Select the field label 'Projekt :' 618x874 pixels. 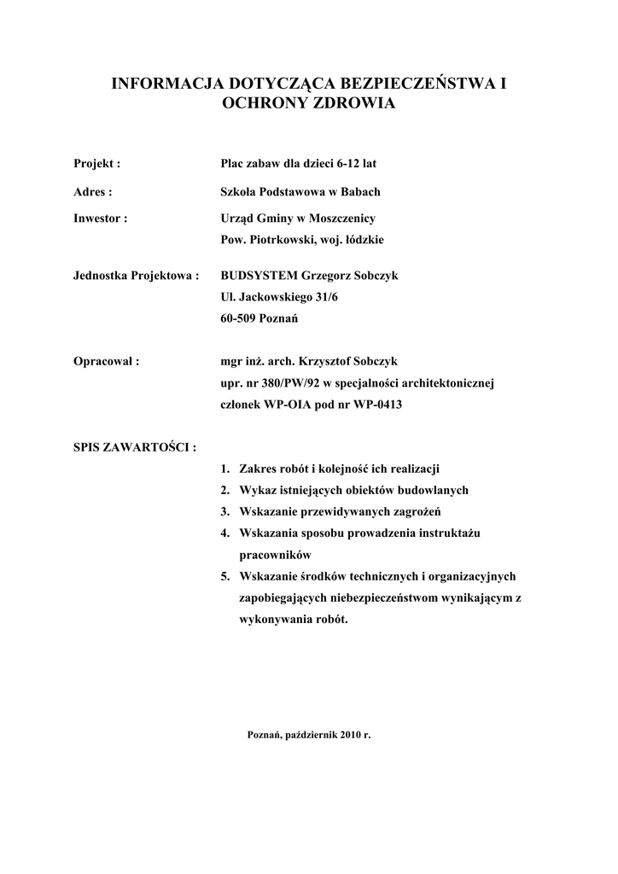coord(96,162)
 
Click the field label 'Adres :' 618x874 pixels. coord(93,193)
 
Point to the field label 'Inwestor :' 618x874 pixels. coord(101,218)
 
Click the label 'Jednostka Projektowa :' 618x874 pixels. coord(137,276)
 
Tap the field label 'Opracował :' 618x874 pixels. coord(107,360)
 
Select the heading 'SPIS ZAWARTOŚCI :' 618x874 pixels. coord(135,446)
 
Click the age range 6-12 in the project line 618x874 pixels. coord(347,162)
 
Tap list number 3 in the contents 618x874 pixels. coord(224,512)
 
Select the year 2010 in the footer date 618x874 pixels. coord(350,734)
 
